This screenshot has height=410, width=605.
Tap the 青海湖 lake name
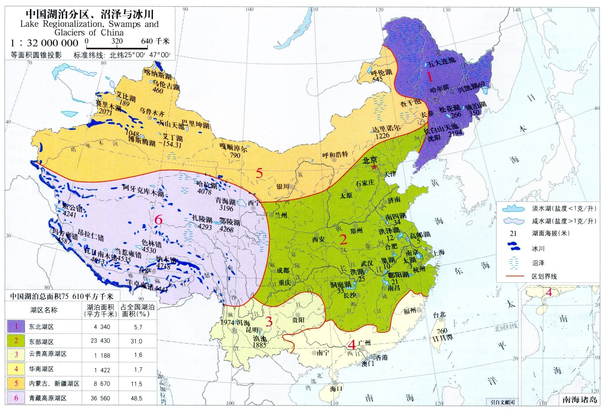click(x=225, y=201)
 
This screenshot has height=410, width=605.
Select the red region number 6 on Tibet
click(x=158, y=220)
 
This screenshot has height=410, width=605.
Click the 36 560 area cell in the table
click(x=100, y=398)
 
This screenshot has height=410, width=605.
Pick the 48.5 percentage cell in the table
click(x=138, y=398)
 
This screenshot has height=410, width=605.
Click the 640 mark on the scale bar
click(x=147, y=41)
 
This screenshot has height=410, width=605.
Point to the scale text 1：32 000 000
click(x=44, y=43)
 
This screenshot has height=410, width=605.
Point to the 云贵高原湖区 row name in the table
click(x=48, y=354)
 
